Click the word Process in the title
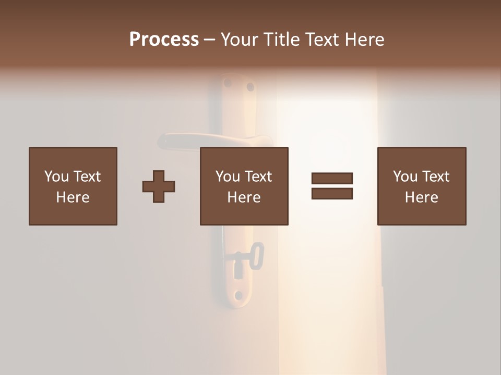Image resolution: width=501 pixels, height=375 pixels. coord(164,40)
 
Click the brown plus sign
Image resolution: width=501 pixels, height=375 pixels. coord(159,186)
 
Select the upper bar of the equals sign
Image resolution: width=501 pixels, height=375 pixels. coord(332,179)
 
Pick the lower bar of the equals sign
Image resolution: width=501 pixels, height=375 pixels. coord(332,193)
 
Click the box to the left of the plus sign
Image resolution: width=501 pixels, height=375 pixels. coord(73,186)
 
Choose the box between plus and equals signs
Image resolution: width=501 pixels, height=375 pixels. coord(244,186)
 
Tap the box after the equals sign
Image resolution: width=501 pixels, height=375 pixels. coord(421,186)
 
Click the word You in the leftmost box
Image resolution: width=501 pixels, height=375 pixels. coord(56,177)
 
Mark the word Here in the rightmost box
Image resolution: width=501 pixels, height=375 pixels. coord(421,197)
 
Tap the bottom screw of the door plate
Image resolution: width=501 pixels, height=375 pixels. coord(238,296)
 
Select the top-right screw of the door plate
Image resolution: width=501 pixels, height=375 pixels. coord(250,86)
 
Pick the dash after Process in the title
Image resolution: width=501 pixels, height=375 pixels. coord(209,40)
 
